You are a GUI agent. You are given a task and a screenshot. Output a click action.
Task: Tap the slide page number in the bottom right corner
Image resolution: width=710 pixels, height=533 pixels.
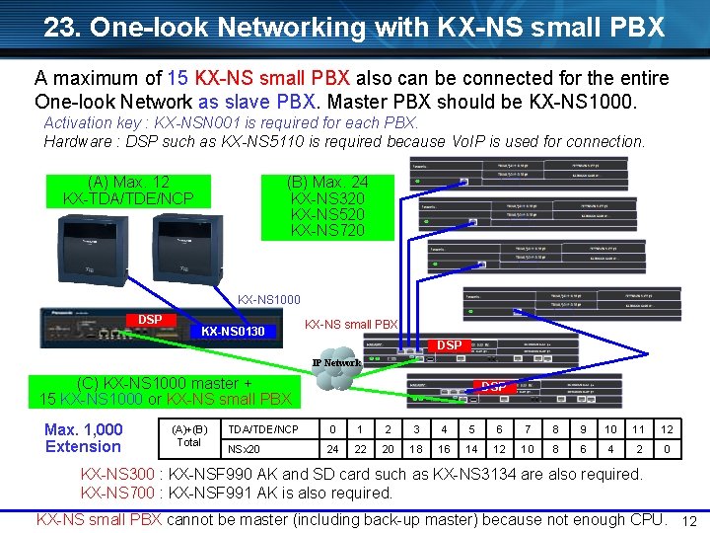(690, 521)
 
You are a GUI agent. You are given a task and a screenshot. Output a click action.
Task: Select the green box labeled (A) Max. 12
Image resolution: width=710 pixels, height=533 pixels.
(128, 190)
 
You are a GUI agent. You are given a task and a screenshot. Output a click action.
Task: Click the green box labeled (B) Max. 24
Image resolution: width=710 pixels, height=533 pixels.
(327, 206)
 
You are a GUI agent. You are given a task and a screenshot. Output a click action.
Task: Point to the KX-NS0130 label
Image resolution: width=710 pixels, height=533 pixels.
(233, 332)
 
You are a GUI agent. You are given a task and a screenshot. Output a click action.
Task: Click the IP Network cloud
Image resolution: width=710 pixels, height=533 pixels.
(337, 362)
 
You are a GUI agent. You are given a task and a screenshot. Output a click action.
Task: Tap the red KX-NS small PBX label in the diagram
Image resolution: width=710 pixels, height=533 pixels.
(351, 324)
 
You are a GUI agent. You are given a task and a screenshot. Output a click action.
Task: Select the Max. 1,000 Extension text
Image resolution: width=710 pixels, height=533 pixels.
(84, 437)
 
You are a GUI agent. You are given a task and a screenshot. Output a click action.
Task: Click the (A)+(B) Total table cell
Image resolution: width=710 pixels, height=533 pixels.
(189, 436)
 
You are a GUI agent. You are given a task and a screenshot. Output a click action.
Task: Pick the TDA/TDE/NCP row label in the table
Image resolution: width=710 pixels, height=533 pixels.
(262, 429)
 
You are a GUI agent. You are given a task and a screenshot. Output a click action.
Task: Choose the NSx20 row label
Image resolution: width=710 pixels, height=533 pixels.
(245, 448)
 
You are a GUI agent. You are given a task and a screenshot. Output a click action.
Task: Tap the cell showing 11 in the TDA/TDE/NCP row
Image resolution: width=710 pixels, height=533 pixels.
(639, 429)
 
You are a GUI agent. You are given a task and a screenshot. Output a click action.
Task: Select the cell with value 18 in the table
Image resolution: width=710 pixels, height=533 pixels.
(416, 448)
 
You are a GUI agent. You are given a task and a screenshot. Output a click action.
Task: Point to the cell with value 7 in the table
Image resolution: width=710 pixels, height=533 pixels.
(528, 429)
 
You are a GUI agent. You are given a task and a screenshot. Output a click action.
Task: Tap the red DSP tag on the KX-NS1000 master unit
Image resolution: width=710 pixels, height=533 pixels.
(150, 320)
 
